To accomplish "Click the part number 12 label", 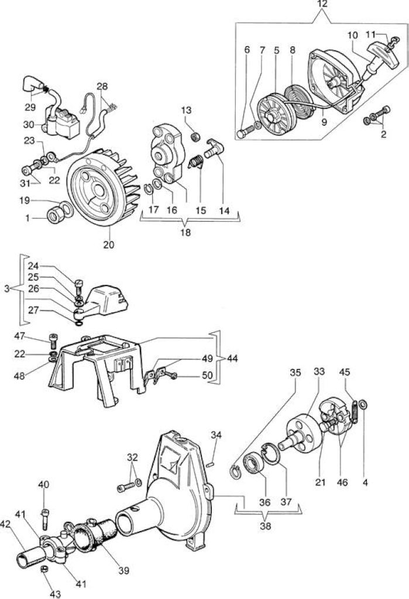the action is pos(322,5).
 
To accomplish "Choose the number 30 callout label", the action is pos(29,125).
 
